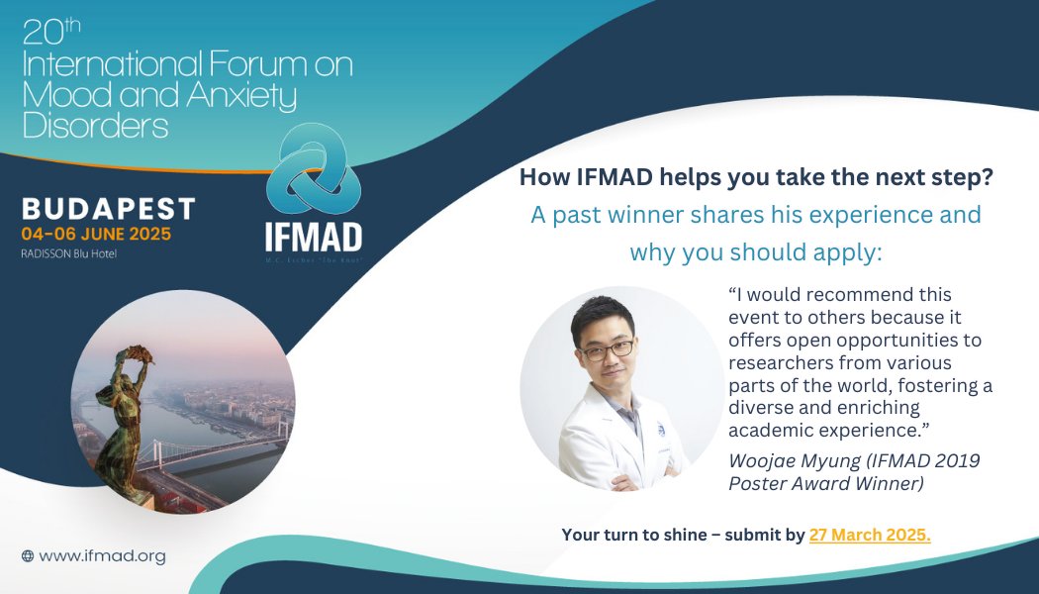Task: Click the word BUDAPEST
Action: [109, 209]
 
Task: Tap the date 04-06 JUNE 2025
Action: [96, 235]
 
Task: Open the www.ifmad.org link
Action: [102, 556]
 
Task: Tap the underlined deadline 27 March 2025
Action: [870, 535]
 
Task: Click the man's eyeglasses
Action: [607, 348]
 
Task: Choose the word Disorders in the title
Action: [95, 126]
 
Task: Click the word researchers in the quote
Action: [774, 361]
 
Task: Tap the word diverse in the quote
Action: [760, 407]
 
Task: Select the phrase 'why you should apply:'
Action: [755, 251]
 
